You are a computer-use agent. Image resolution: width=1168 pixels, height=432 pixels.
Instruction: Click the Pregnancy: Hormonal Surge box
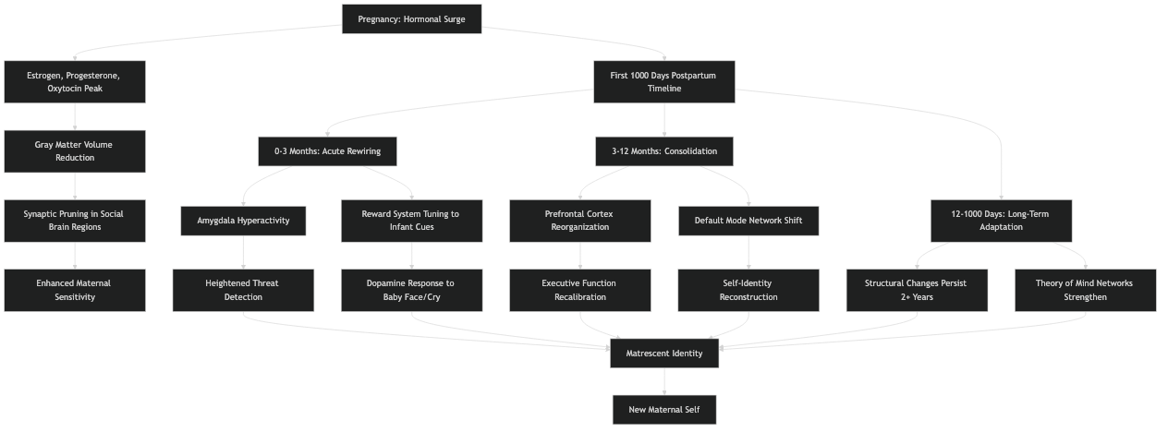click(411, 18)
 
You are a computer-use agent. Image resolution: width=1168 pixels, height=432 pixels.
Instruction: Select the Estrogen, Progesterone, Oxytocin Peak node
click(75, 82)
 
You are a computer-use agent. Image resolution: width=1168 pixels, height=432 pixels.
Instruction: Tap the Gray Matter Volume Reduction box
click(75, 151)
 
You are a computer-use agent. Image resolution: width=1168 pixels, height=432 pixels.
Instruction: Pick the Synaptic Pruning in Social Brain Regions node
click(75, 221)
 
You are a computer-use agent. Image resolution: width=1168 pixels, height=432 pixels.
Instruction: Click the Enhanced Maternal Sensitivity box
click(75, 290)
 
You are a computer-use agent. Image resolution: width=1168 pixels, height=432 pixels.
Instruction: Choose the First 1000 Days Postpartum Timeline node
click(663, 82)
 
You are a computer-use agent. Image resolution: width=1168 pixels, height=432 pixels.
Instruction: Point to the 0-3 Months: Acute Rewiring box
click(327, 151)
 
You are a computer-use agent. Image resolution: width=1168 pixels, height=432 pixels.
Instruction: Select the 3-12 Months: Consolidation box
click(663, 151)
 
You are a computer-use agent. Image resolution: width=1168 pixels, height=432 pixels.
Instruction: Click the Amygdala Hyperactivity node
click(243, 221)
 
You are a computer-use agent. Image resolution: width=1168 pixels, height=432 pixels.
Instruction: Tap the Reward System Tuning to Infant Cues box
click(411, 221)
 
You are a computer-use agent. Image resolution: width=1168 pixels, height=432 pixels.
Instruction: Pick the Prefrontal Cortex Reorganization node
click(579, 221)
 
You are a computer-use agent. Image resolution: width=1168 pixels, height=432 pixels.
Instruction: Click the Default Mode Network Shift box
click(748, 221)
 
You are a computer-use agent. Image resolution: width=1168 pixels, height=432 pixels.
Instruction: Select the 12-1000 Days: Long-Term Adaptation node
click(1001, 221)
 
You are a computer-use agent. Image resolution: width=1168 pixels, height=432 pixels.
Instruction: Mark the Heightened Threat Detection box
click(243, 290)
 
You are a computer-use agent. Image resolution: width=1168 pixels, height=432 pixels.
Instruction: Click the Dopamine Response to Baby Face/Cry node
click(411, 290)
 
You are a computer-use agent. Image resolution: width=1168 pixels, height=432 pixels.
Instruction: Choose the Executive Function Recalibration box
click(579, 290)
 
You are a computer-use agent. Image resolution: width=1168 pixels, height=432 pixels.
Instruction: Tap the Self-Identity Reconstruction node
click(748, 290)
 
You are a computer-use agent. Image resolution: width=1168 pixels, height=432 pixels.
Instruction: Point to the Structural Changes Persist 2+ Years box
click(917, 290)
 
